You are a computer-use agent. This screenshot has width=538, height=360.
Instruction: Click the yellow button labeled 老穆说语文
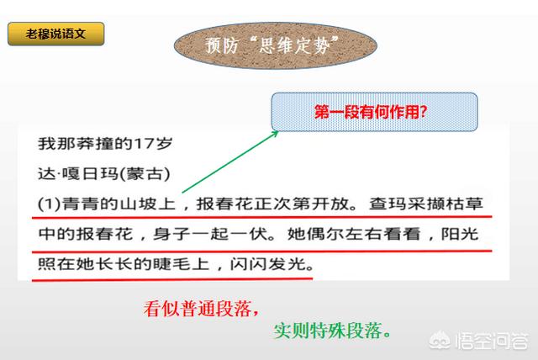[x=56, y=34]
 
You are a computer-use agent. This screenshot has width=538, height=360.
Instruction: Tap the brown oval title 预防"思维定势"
[x=275, y=45]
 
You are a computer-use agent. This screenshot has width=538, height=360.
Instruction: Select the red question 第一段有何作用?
[x=371, y=112]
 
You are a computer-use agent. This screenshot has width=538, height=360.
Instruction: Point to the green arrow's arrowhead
[x=275, y=134]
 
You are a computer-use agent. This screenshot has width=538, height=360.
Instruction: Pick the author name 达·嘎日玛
[x=78, y=173]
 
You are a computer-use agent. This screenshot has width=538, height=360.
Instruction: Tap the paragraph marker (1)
[x=50, y=204]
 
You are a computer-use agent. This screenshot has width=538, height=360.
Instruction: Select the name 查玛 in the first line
[x=388, y=204]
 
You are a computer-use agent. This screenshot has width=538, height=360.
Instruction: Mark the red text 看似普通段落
[x=198, y=308]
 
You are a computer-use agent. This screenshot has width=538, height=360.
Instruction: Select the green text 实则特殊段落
[x=328, y=331]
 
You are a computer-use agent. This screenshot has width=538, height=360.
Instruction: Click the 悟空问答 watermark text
[x=492, y=341]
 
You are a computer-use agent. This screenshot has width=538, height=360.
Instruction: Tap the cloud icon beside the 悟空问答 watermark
[x=441, y=341]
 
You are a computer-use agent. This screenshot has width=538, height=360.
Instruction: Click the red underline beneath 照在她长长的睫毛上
[x=172, y=280]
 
